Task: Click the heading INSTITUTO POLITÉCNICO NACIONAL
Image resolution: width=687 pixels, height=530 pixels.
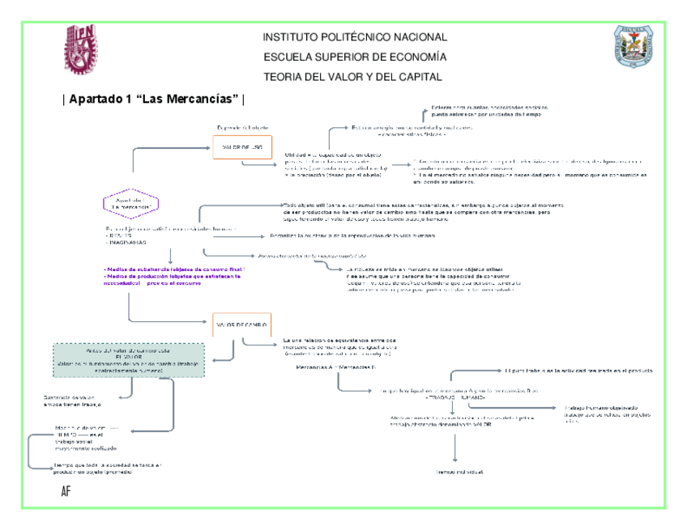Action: click(355, 38)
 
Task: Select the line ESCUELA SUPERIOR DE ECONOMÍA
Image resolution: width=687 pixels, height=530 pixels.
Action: click(355, 57)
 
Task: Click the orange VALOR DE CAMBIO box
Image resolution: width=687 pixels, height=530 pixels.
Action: click(242, 324)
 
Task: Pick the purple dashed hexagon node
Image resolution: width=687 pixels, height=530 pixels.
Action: click(130, 203)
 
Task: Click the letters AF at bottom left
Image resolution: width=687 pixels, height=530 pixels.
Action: click(66, 492)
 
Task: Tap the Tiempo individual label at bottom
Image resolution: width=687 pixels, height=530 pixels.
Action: click(458, 471)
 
